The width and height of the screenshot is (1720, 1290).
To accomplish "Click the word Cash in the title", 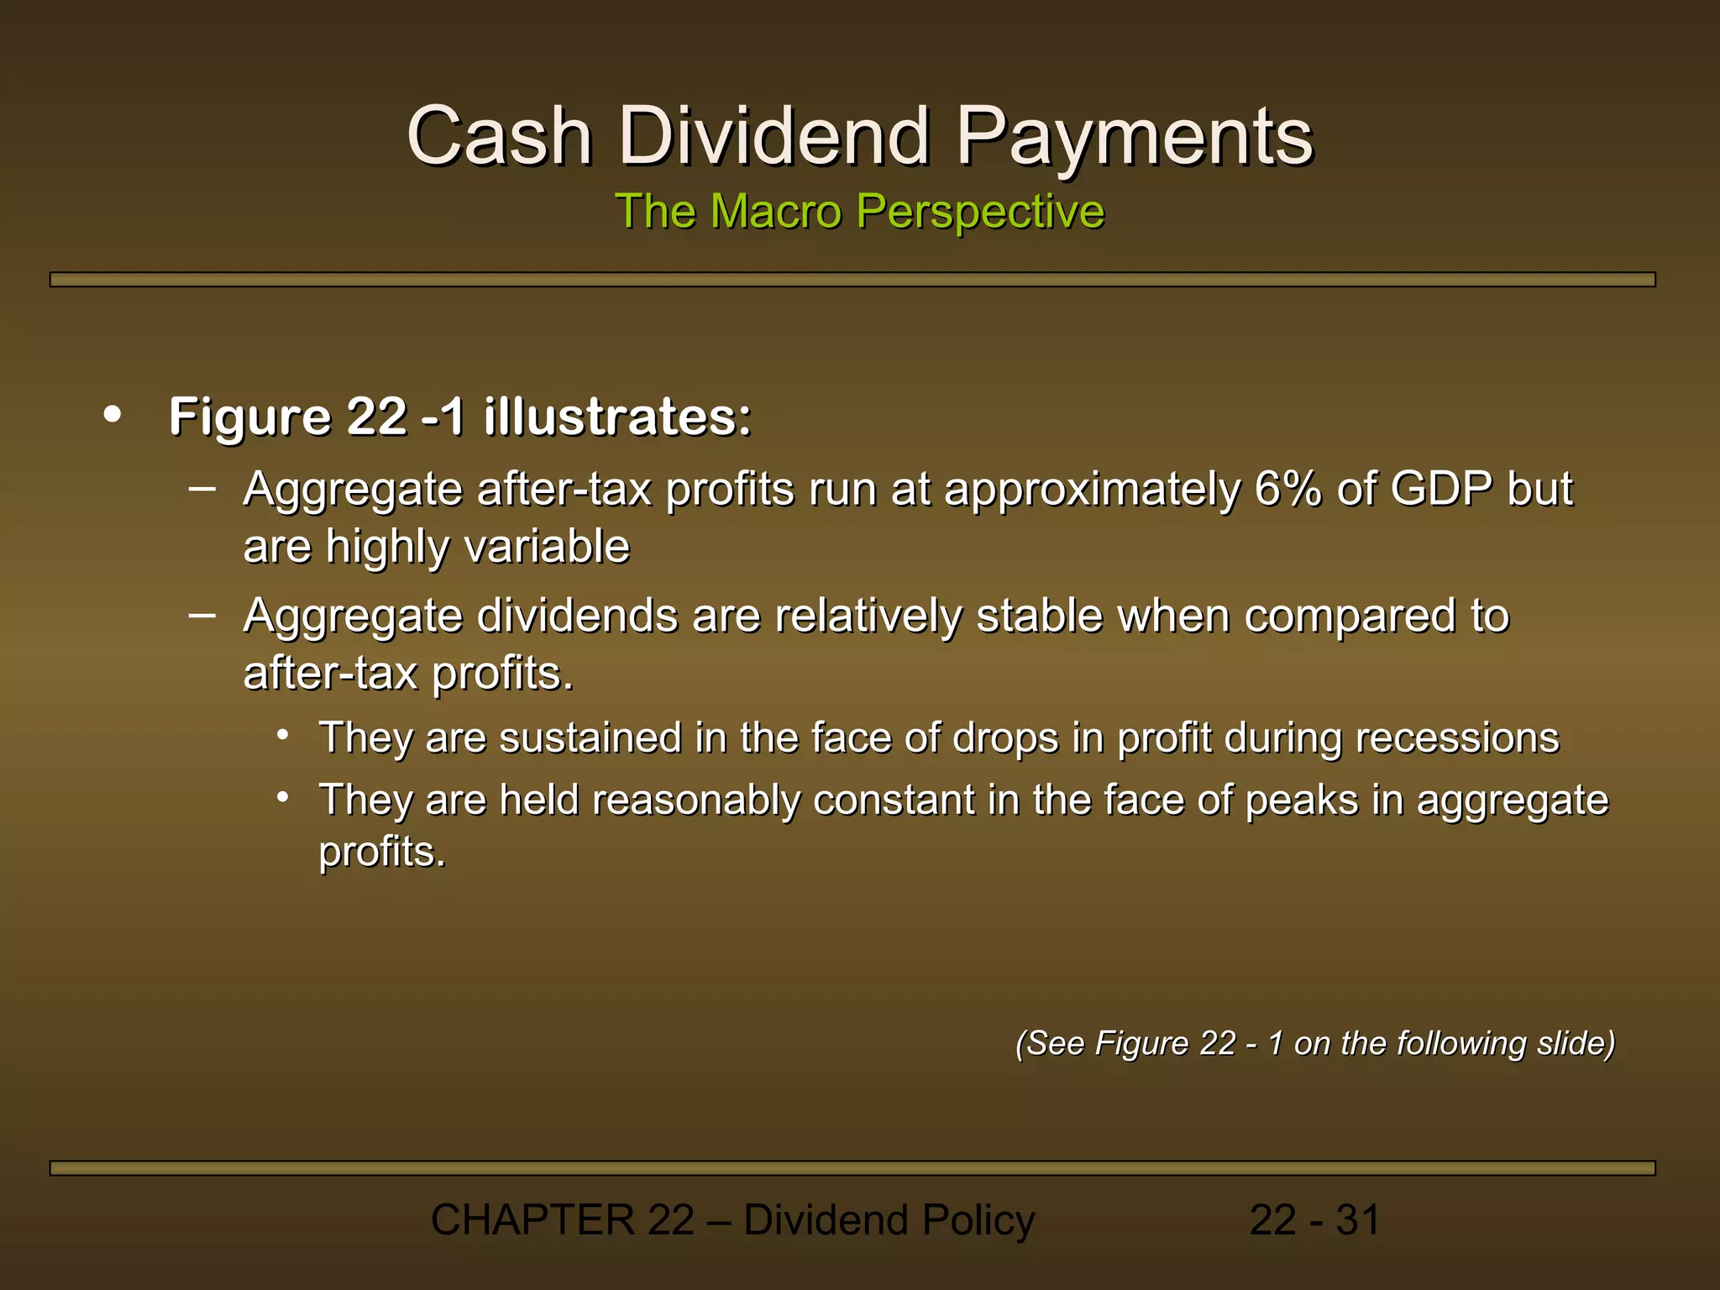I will coord(500,136).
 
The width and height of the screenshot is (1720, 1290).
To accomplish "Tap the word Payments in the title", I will coord(1135,136).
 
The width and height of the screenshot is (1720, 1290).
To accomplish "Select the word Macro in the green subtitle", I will coord(775,211).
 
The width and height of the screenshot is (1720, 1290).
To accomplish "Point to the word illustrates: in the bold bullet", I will coord(617,417).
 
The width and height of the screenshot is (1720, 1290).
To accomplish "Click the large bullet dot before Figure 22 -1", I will coord(112,414).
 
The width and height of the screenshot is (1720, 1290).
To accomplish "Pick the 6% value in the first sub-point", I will coord(1288,489).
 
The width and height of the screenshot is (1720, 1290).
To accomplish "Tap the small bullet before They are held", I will coord(284,796).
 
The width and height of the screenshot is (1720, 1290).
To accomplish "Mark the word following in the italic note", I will coord(1461,1043).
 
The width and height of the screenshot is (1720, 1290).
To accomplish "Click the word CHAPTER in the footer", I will coord(532,1220).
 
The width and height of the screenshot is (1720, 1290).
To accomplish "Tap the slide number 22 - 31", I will coord(1314,1220).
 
